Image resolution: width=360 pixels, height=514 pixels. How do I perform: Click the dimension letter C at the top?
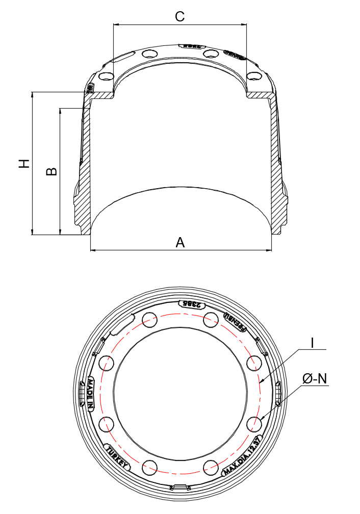(x=179, y=16)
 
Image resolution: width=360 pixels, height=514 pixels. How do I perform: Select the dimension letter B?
(x=52, y=171)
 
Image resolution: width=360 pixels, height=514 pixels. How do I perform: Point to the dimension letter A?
(x=180, y=243)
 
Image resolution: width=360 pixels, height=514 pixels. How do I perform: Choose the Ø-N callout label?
(x=315, y=379)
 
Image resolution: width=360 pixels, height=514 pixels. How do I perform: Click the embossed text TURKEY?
(x=117, y=456)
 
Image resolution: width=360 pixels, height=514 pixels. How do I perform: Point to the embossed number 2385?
(x=191, y=304)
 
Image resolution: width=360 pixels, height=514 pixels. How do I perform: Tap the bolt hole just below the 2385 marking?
(x=210, y=320)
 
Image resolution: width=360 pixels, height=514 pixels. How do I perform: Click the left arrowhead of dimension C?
(x=115, y=24)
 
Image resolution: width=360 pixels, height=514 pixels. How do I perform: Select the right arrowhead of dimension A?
(x=269, y=250)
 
